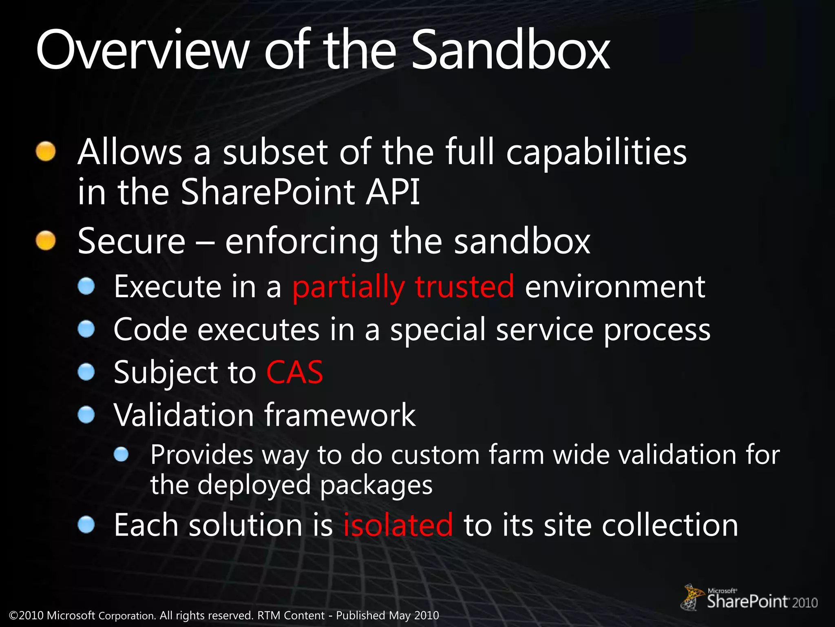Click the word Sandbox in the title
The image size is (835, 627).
(x=510, y=51)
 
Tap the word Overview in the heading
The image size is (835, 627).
(x=142, y=51)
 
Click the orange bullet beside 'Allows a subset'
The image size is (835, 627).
(x=46, y=152)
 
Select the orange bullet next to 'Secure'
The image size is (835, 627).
(x=46, y=240)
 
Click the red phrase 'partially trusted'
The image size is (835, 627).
(x=403, y=287)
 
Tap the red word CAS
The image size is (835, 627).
(x=294, y=372)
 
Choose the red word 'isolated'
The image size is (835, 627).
(x=398, y=525)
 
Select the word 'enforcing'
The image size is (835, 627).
(x=302, y=242)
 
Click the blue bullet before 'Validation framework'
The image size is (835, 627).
(x=86, y=415)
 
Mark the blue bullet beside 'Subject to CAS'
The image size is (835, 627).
(x=86, y=372)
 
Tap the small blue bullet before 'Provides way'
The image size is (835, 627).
(x=121, y=454)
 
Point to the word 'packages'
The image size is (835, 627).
(x=376, y=486)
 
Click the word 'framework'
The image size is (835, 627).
(x=340, y=415)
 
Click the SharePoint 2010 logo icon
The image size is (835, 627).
(x=692, y=597)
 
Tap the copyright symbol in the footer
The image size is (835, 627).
(x=13, y=616)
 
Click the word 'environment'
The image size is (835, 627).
(x=615, y=287)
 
